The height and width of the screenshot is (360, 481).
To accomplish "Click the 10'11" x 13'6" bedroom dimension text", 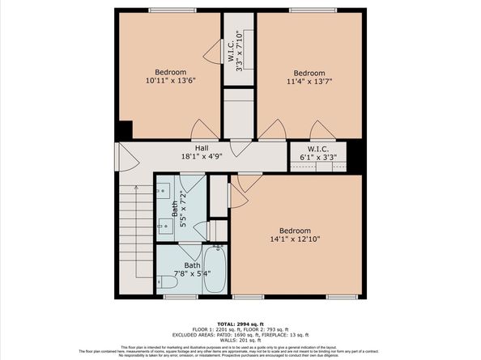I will (x=171, y=81).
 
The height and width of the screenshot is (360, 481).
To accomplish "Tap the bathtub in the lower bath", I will (x=215, y=270).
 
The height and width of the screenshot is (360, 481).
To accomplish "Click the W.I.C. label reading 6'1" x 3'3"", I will (x=317, y=153).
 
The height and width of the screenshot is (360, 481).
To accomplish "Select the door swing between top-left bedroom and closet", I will (x=213, y=54).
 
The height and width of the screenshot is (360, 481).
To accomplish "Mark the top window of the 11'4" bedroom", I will (x=309, y=10).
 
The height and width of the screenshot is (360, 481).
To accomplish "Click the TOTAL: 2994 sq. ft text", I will (x=240, y=322).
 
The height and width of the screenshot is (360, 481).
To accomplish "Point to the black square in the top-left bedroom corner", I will (x=125, y=130).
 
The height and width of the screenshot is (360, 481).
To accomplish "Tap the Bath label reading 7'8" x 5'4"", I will (x=192, y=269).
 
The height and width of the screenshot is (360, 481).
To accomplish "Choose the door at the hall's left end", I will (x=122, y=156).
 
